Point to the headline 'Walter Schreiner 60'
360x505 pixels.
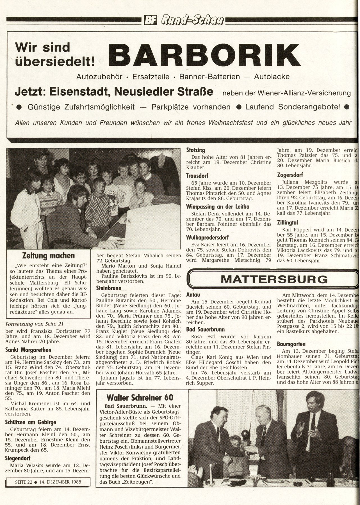coord(140,397)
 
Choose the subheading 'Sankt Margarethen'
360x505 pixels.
coord(28,350)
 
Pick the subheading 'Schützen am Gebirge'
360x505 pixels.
coord(31,422)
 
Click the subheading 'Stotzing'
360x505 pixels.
coord(196,150)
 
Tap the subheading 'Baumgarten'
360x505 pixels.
coord(291,344)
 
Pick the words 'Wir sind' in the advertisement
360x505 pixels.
coord(42,47)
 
